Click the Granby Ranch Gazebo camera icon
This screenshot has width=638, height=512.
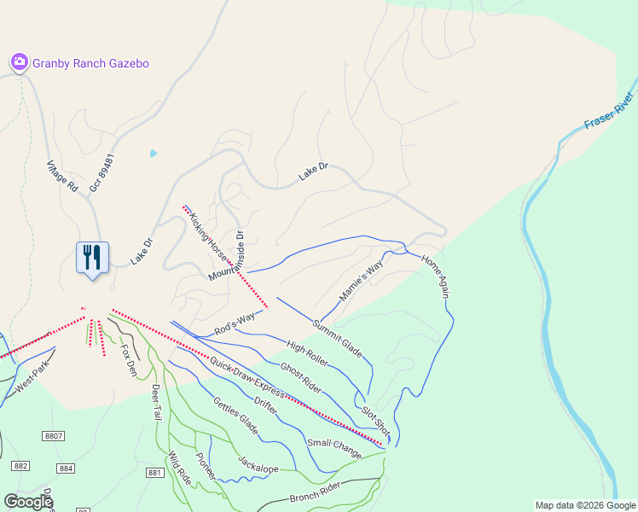point(20,62)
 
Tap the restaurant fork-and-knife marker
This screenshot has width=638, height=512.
point(92,257)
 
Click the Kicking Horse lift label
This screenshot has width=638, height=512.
point(209,238)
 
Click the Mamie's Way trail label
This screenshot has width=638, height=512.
point(362,281)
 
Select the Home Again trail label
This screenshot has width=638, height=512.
point(435,276)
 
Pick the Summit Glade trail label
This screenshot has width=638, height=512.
point(338,338)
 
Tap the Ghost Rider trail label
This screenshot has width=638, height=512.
point(300,378)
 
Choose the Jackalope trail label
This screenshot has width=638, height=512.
point(259,463)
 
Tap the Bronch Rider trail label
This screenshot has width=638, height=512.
point(315,492)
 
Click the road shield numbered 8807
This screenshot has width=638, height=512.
point(54,436)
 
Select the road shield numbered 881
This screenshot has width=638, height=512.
point(154,473)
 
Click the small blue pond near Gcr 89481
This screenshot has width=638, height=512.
point(153,154)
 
